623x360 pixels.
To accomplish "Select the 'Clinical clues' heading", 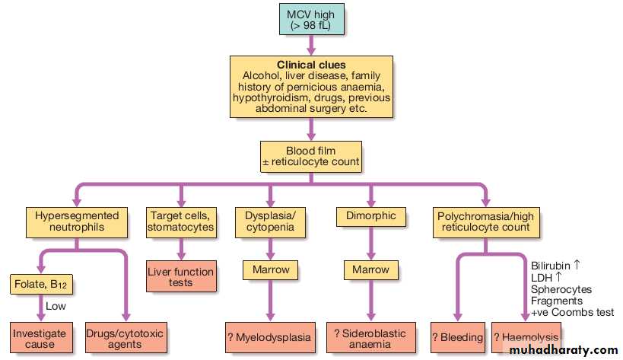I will click(x=310, y=65).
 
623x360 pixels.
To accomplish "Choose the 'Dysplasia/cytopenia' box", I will click(x=270, y=222).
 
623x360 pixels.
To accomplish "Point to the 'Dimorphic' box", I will click(x=371, y=215).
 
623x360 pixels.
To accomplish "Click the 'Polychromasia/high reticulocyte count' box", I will click(x=485, y=222).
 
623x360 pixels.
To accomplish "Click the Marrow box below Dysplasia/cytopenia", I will click(x=270, y=269).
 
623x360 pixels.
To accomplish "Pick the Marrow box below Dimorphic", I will click(x=371, y=269).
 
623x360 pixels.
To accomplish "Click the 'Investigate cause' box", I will click(x=39, y=339).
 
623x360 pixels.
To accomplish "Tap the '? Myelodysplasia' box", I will click(x=271, y=336).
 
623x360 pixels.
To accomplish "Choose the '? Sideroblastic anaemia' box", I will click(x=371, y=339).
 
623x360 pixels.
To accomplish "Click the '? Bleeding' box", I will click(x=458, y=336).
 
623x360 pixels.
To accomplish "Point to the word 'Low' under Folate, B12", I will click(x=56, y=306).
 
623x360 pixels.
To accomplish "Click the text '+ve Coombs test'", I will click(x=571, y=314).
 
